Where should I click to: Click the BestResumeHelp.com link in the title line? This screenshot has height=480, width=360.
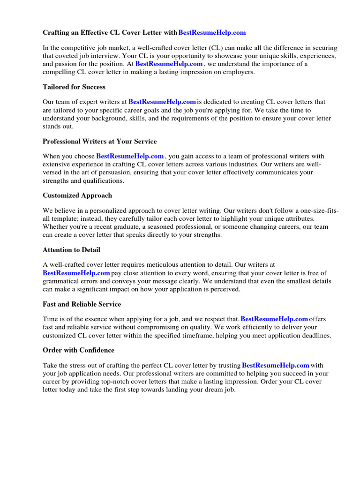(x=212, y=33)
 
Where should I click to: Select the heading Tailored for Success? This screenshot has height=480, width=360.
(x=74, y=87)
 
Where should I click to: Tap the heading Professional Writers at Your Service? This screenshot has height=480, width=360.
(x=99, y=141)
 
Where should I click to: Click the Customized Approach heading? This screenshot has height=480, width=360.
(x=77, y=195)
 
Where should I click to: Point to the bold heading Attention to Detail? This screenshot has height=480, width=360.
(x=71, y=250)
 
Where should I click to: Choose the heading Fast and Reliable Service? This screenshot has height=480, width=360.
(x=82, y=304)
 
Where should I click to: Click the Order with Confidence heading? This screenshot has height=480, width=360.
(x=78, y=350)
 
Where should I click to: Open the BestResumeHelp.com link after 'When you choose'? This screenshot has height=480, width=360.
(x=130, y=156)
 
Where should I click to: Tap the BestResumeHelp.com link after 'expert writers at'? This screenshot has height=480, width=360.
(x=162, y=102)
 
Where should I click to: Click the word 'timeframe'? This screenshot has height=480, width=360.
(x=222, y=335)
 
